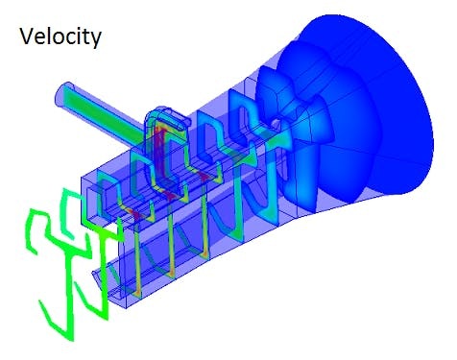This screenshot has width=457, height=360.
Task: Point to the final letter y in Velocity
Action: pyautogui.click(x=98, y=41)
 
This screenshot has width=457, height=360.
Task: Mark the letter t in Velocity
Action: pyautogui.click(x=86, y=38)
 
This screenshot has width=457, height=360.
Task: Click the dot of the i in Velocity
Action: pyautogui.click(x=77, y=31)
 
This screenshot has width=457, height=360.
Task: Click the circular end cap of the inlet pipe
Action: pyautogui.click(x=64, y=95)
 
